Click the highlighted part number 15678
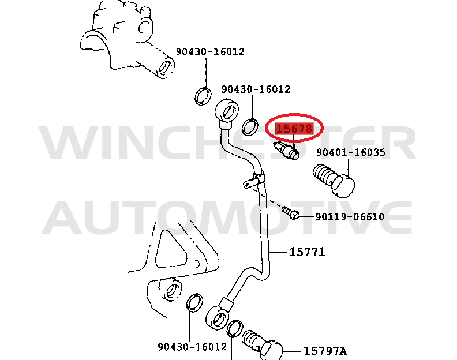(295, 129)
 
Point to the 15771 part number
(307, 252)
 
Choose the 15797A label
(325, 350)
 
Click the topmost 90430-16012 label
(210, 52)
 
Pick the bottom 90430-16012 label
(192, 347)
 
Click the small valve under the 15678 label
(287, 151)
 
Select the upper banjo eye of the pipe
(226, 111)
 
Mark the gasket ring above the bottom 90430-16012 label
(196, 303)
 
